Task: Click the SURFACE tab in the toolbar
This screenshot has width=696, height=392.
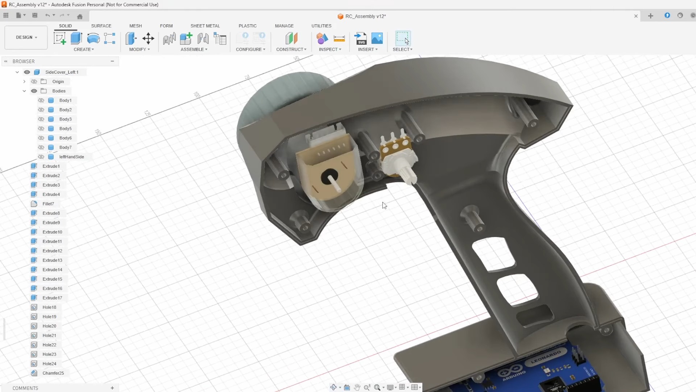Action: coord(101,26)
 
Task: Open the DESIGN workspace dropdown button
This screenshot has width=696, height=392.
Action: coord(26,37)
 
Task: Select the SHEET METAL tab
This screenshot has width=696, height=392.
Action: coord(205,26)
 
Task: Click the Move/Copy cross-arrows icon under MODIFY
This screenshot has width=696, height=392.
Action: coord(148,38)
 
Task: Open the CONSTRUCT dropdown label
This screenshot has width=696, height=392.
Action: coord(291,49)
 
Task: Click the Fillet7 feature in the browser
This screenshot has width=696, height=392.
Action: coord(48,204)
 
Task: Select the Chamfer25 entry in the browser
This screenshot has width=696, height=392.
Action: coord(53,373)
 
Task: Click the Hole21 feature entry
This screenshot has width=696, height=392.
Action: coord(49,335)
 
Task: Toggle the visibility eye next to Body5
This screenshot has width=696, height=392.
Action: coord(41,128)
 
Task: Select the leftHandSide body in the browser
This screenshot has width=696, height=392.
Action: coord(71,157)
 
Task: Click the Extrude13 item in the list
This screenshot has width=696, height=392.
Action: coord(52,260)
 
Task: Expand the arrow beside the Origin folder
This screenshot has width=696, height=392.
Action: coord(24,82)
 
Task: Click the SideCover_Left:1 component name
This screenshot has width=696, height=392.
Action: coord(62,72)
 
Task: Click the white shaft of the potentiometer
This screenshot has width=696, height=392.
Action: coord(407,175)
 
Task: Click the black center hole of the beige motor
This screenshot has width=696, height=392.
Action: coord(329,176)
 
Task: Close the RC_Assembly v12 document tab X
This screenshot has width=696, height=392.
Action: coord(636,16)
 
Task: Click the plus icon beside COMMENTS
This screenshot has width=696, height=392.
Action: coord(112,388)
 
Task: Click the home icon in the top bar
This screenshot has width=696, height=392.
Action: coord(80,16)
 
